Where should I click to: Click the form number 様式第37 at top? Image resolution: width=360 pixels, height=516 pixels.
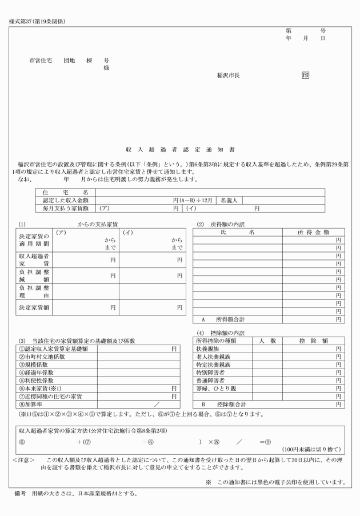pyautogui.click(x=22, y=22)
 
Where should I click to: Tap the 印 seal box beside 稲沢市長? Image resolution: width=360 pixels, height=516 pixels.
pyautogui.click(x=306, y=74)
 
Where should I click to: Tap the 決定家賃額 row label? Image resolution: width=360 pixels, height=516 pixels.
pyautogui.click(x=34, y=307)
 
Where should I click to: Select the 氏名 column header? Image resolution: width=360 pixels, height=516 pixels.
pyautogui.click(x=237, y=232)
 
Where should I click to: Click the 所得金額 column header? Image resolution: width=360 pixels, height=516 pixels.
pyautogui.click(x=314, y=232)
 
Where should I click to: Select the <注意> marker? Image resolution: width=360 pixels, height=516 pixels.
pyautogui.click(x=24, y=460)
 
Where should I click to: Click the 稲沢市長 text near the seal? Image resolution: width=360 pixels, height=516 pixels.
pyautogui.click(x=228, y=75)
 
